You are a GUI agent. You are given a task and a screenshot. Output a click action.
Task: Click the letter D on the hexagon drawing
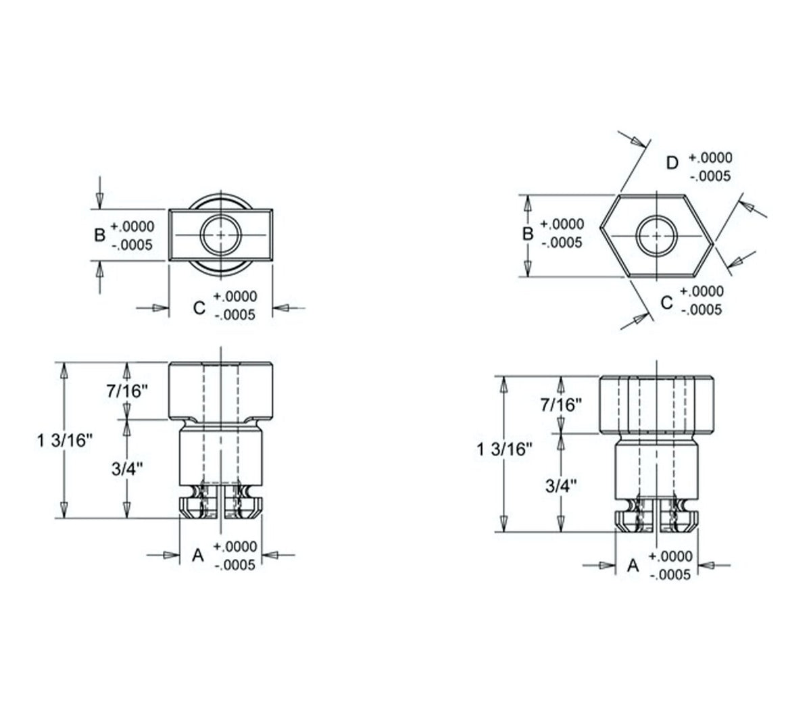(672, 163)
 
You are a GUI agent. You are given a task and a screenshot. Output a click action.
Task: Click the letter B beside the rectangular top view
(99, 235)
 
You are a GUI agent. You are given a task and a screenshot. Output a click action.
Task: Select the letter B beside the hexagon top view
(529, 233)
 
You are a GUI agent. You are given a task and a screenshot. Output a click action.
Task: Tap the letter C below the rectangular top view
(199, 307)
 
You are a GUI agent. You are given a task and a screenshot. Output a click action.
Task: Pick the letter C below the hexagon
(666, 302)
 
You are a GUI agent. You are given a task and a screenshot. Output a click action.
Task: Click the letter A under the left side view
(198, 555)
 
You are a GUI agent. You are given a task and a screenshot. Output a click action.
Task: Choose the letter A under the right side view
(633, 565)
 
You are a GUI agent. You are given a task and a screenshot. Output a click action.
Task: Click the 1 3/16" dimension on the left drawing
(66, 441)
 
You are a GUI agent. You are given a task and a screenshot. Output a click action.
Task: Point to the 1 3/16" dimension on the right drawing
(501, 449)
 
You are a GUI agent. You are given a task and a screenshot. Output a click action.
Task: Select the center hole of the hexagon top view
(657, 235)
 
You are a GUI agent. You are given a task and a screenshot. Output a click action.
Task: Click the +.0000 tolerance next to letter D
(710, 157)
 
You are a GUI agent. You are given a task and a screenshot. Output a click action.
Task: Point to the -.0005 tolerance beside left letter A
(235, 565)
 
